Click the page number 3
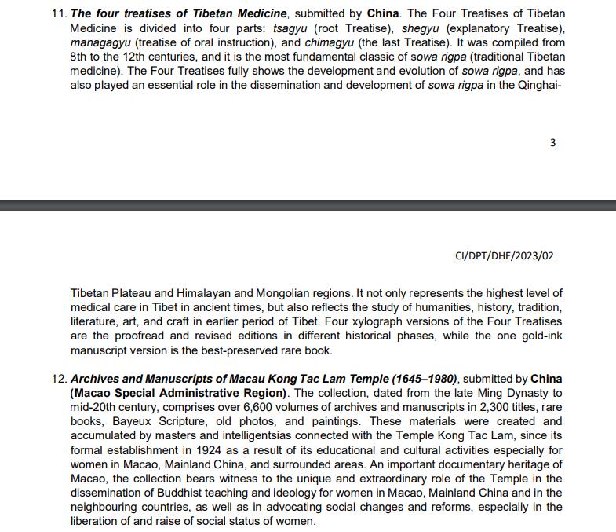(553, 143)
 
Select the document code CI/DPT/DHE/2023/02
(509, 255)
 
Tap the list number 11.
(58, 14)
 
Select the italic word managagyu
(103, 42)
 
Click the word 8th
(81, 57)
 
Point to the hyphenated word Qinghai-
(541, 85)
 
